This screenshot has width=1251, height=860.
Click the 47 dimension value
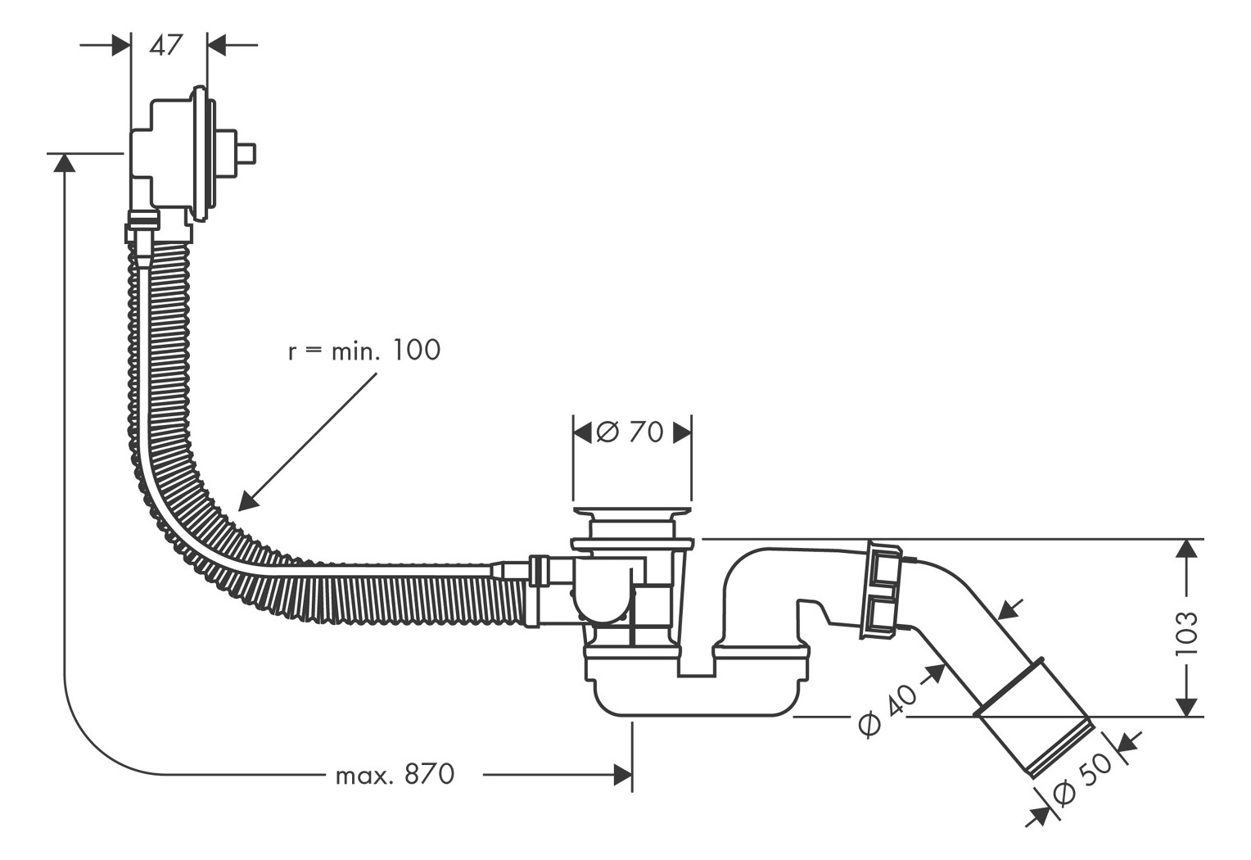click(x=166, y=45)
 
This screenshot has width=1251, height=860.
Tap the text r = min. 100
click(x=364, y=351)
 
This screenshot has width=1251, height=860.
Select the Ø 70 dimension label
click(x=630, y=432)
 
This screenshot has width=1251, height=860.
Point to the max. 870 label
click(x=395, y=775)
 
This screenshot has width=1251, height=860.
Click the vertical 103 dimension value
click(x=1187, y=633)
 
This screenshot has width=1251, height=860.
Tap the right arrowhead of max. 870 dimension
click(x=623, y=775)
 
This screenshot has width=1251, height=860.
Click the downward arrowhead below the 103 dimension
click(x=1186, y=707)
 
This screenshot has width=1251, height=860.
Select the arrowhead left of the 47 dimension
click(x=121, y=45)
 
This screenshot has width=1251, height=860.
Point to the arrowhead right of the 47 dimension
click(x=216, y=45)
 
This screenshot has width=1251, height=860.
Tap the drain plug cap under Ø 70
click(x=632, y=511)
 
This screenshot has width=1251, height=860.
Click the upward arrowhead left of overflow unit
click(x=65, y=163)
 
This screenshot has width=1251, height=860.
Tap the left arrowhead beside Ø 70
click(x=582, y=432)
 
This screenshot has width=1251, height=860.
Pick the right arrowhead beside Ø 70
click(x=683, y=432)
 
